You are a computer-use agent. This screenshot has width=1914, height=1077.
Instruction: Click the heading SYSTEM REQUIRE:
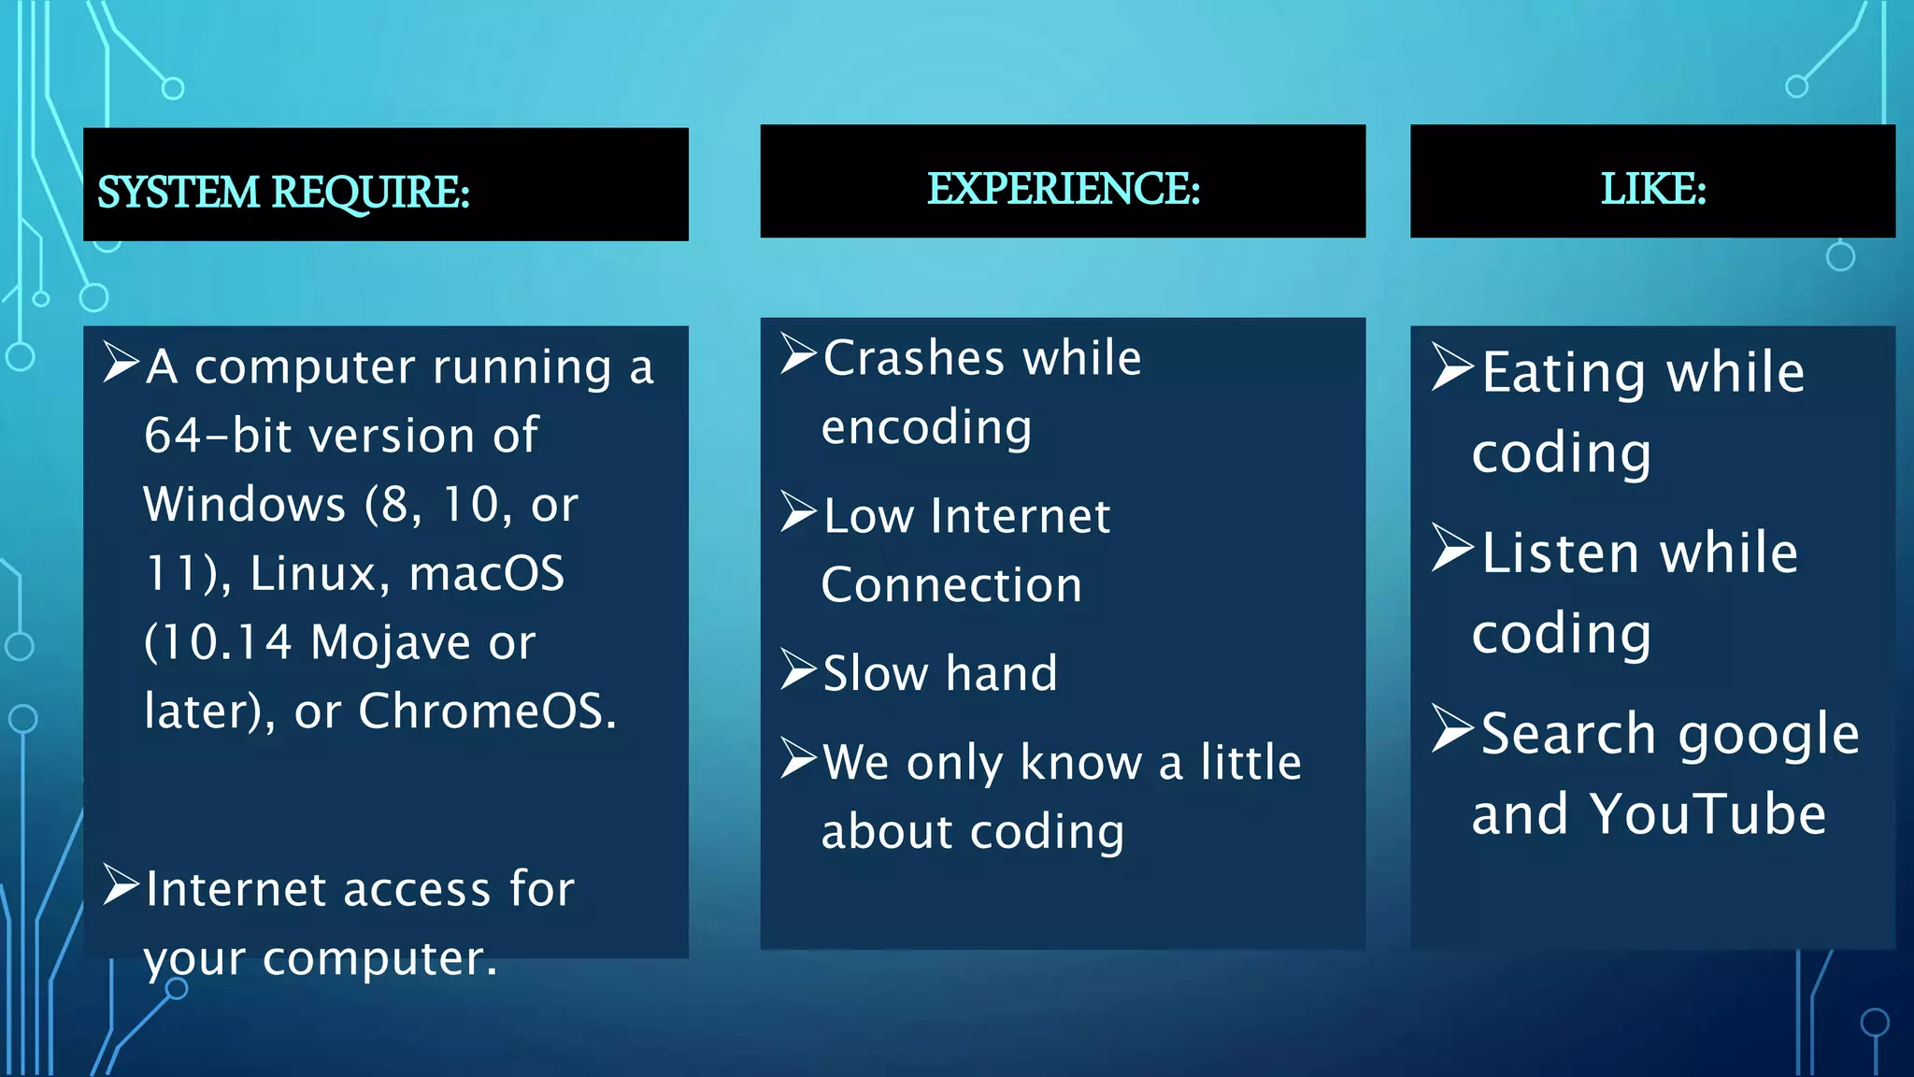click(283, 193)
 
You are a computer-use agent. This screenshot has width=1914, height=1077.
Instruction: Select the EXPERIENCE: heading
click(1063, 189)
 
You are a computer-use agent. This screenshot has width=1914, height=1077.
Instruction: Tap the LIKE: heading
click(1652, 189)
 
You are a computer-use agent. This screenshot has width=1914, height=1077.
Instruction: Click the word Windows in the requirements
click(245, 505)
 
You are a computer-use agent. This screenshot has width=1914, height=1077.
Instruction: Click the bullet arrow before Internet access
click(121, 884)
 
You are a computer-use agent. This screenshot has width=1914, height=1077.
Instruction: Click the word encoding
click(926, 428)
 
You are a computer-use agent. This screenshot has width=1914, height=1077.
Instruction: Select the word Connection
click(951, 585)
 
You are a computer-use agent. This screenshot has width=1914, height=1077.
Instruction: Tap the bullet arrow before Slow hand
click(799, 669)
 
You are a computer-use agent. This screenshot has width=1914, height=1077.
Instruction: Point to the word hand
click(1001, 673)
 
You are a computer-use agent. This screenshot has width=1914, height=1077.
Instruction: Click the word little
click(1250, 762)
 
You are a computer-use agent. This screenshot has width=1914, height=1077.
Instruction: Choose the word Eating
click(1564, 373)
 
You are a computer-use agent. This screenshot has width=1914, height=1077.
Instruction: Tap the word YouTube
click(1708, 813)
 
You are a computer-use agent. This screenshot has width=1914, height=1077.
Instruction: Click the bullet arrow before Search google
click(1452, 729)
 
